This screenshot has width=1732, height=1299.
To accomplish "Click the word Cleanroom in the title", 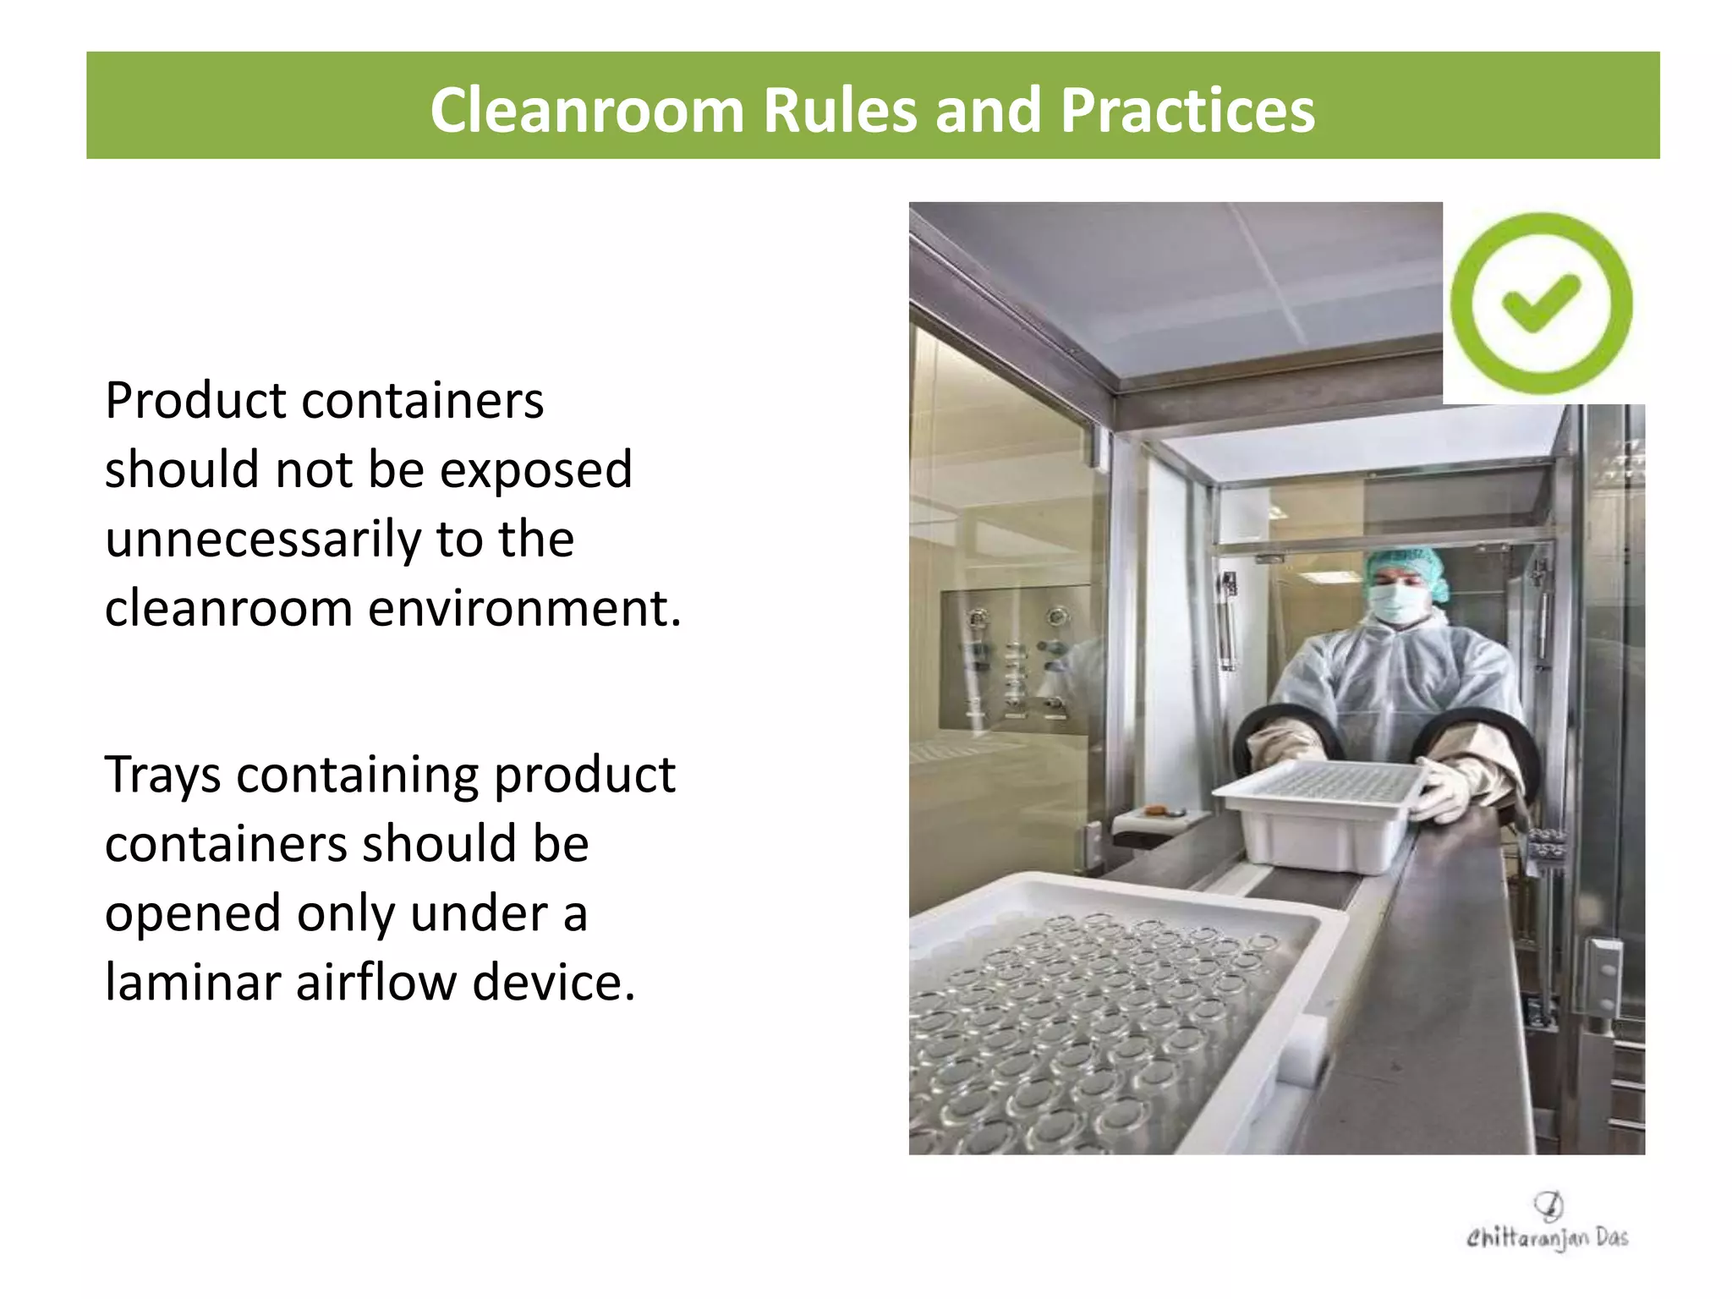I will [587, 110].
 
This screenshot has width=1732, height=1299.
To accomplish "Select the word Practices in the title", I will [1187, 110].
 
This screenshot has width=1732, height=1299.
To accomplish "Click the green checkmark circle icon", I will [1542, 304].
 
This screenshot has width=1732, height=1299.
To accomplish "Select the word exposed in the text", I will [536, 470].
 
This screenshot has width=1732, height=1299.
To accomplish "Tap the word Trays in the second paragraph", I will [162, 776].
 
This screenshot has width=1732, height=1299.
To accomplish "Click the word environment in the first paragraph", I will [524, 609].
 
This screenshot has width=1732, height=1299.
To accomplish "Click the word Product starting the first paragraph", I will [195, 401].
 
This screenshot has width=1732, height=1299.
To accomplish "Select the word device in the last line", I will [553, 983].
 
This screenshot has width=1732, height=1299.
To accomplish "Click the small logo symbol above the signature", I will [1548, 1204].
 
